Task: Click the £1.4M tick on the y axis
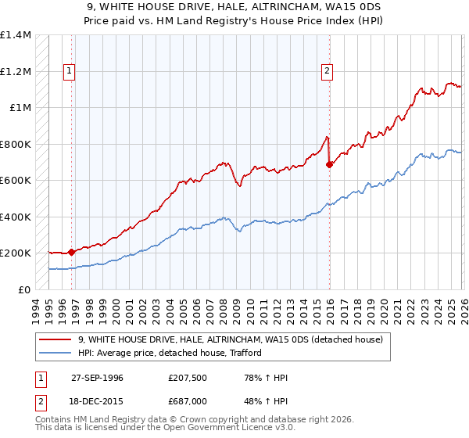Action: (x=16, y=35)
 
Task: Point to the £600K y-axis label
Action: (x=16, y=181)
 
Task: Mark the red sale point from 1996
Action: (x=72, y=252)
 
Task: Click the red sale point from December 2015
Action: (x=329, y=164)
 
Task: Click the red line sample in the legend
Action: (x=55, y=339)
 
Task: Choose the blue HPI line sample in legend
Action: (x=55, y=353)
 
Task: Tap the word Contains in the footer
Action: (x=54, y=421)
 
